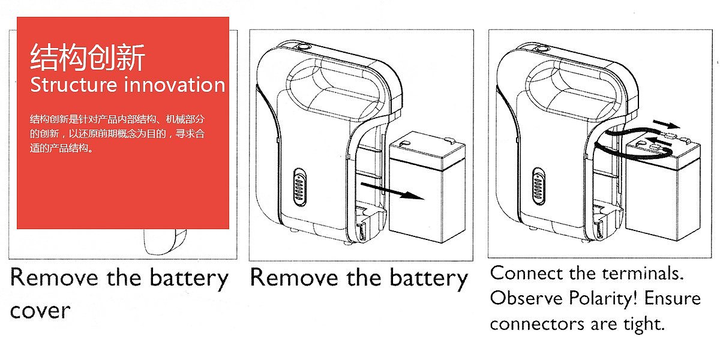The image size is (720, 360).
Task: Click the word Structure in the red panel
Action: pyautogui.click(x=74, y=85)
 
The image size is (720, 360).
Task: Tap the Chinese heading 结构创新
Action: pyautogui.click(x=88, y=58)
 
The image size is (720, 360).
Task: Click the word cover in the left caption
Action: pyautogui.click(x=40, y=311)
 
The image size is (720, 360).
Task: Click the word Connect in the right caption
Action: pyautogui.click(x=526, y=273)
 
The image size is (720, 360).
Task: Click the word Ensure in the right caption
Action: pyautogui.click(x=673, y=298)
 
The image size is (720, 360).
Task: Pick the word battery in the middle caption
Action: pyautogui.click(x=428, y=278)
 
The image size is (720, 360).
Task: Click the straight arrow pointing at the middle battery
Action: pyautogui.click(x=389, y=191)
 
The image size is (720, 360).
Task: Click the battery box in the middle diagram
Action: pyautogui.click(x=423, y=186)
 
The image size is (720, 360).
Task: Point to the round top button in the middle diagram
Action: pyautogui.click(x=304, y=46)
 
